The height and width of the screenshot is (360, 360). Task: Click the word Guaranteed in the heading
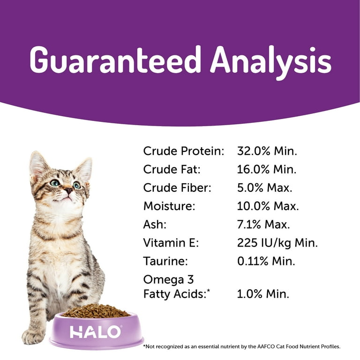click(x=115, y=60)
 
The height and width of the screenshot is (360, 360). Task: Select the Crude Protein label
click(x=183, y=151)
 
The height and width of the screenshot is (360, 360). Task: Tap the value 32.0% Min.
click(x=267, y=151)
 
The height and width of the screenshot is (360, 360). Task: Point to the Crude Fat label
click(x=172, y=169)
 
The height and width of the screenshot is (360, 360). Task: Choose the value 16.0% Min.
click(x=267, y=169)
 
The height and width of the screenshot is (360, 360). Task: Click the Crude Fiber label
click(x=177, y=188)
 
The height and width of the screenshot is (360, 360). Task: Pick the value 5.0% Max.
click(x=265, y=188)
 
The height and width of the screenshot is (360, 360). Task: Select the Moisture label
click(x=169, y=206)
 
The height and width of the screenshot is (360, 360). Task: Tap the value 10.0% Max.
click(x=268, y=206)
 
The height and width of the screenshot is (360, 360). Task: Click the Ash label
click(x=155, y=225)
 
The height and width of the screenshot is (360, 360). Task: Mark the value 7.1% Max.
click(x=263, y=225)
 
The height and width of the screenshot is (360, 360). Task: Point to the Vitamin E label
click(x=171, y=243)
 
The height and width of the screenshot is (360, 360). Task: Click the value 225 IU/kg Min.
click(x=277, y=243)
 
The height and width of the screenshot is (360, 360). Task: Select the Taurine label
click(x=165, y=261)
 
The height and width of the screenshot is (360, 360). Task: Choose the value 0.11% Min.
click(x=266, y=261)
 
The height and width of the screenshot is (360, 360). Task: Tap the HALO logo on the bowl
click(x=95, y=332)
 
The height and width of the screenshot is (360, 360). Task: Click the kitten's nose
click(x=68, y=190)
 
